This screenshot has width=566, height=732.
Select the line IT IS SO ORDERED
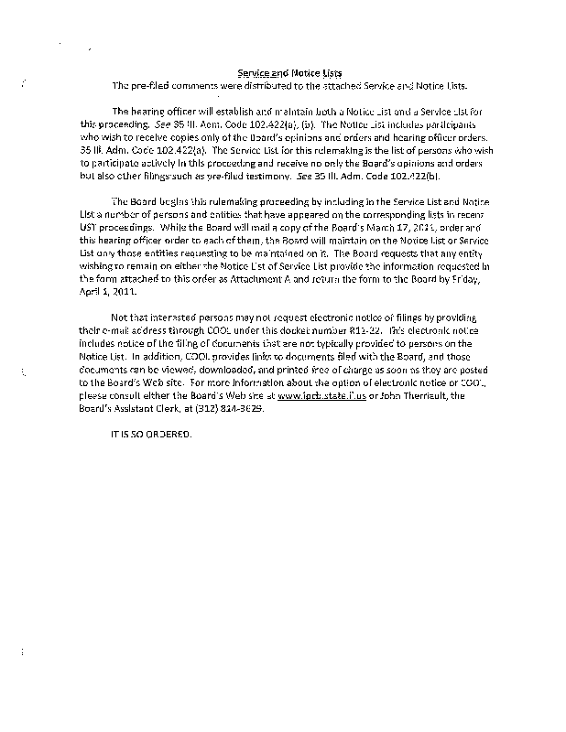pos(150,433)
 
